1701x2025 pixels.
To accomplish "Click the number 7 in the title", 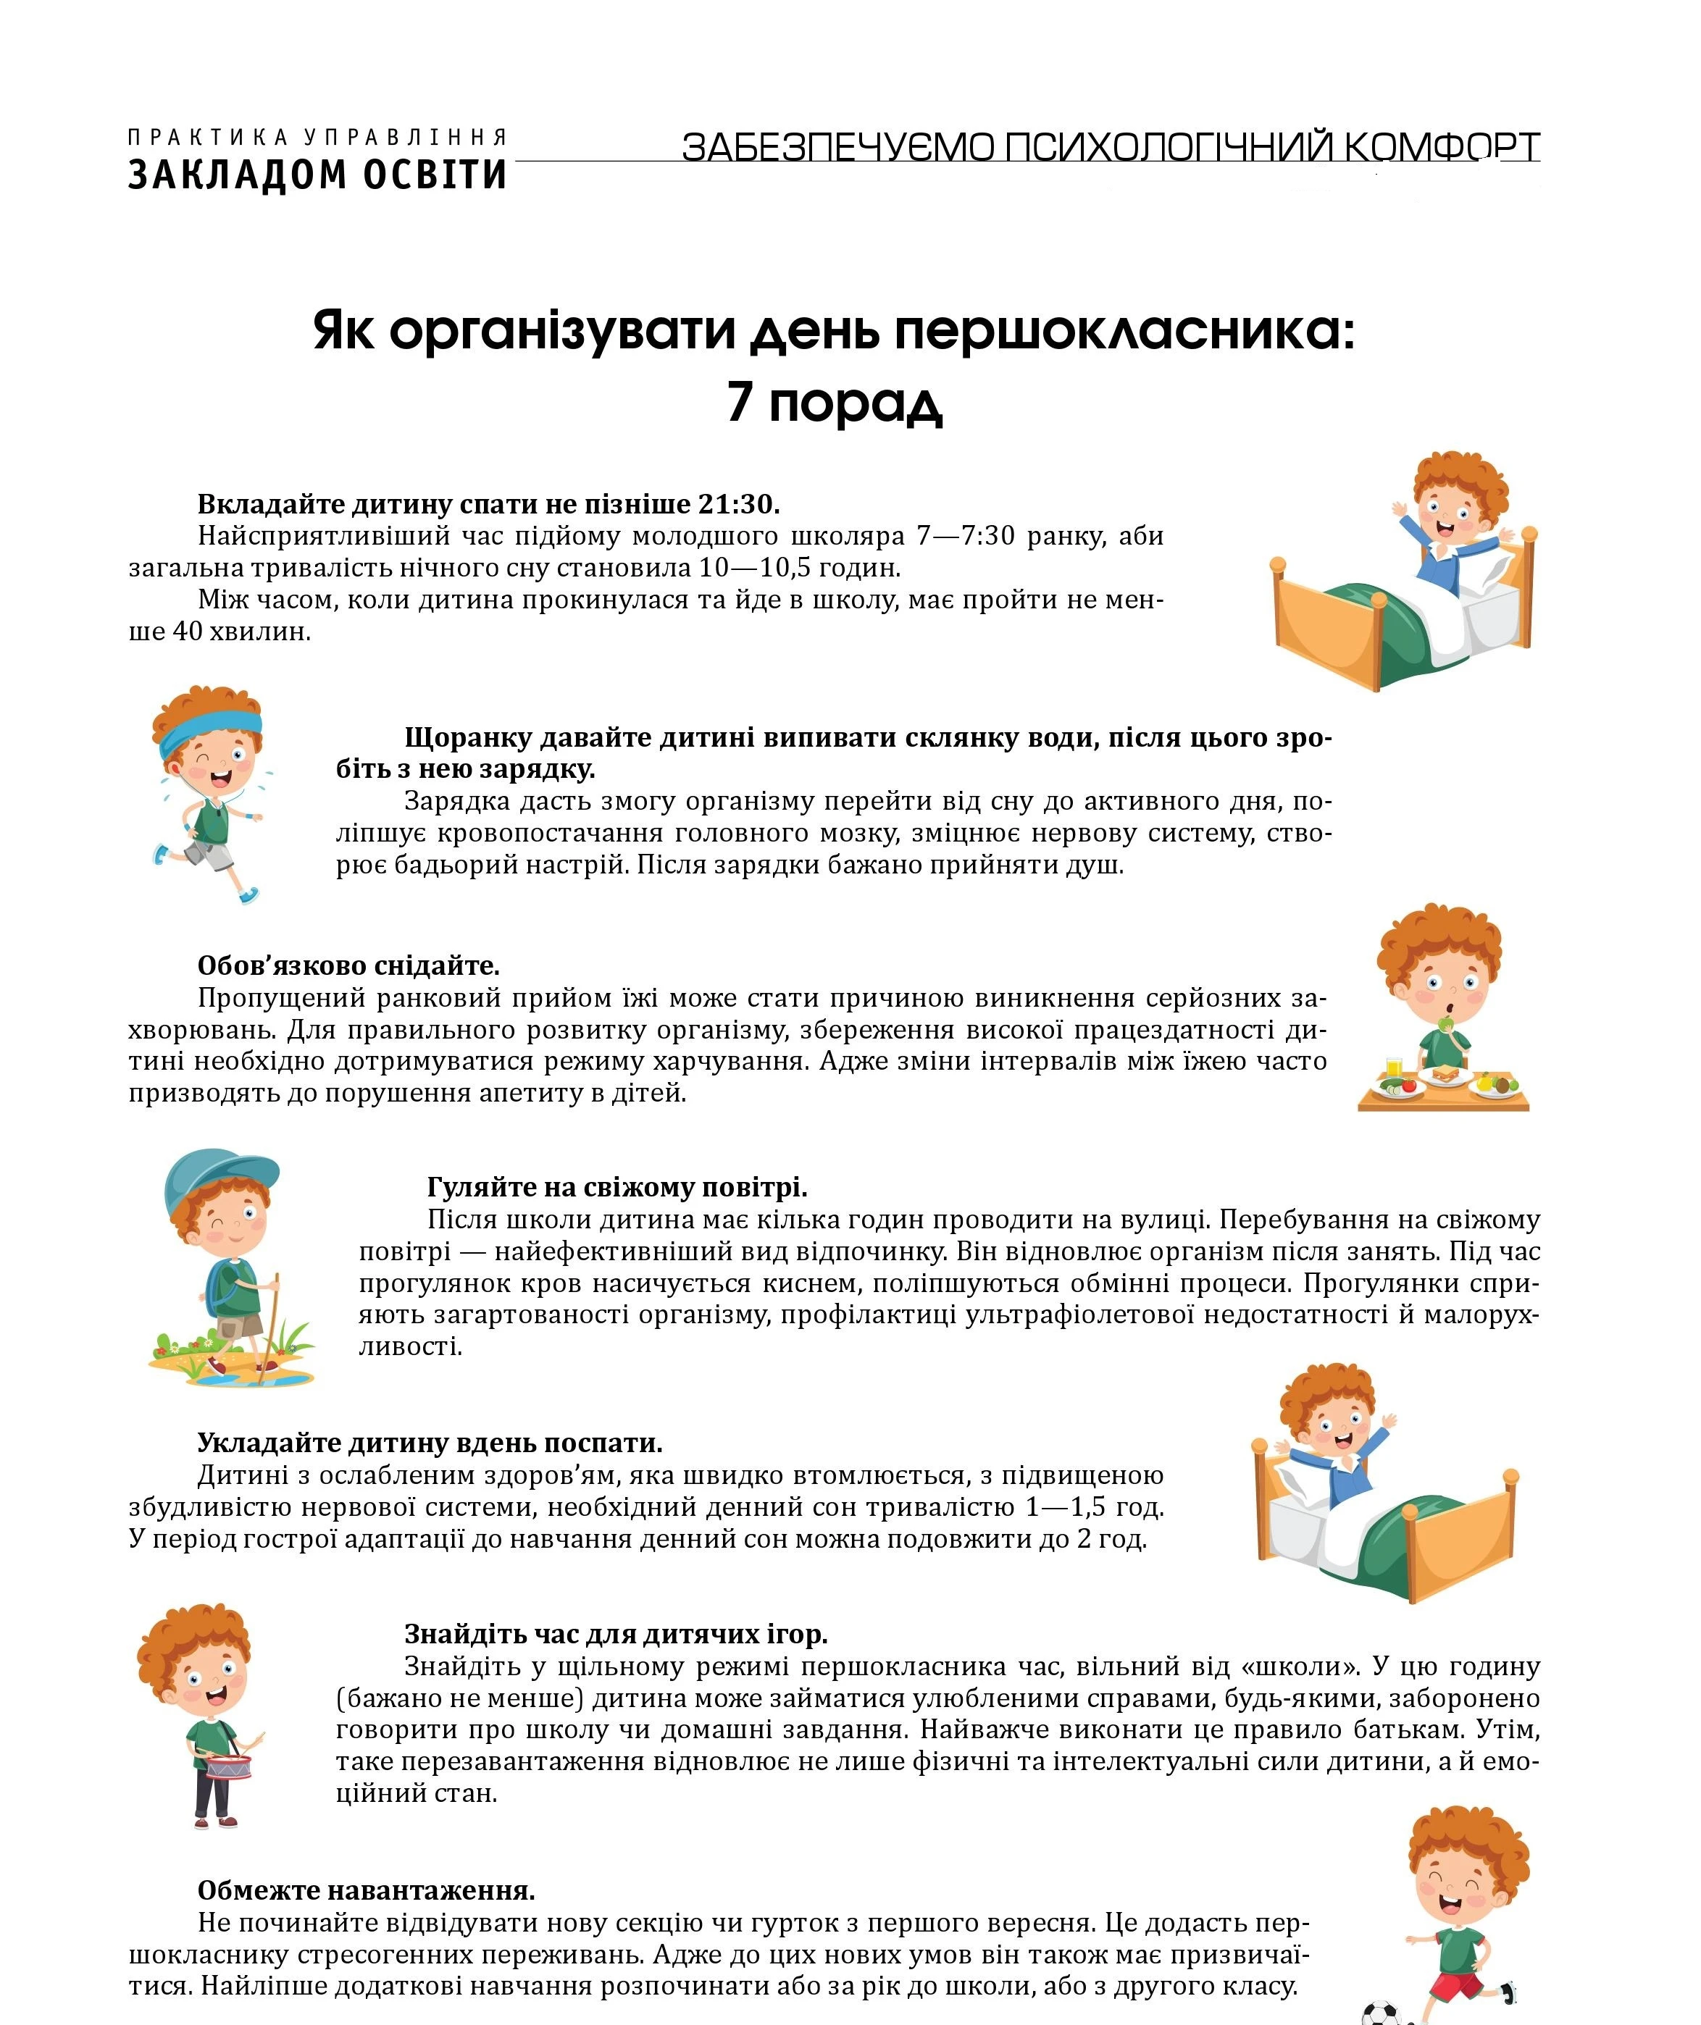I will click(740, 401).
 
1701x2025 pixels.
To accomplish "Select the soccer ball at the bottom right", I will click(1386, 2013).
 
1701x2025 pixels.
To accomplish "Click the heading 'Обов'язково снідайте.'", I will click(348, 965).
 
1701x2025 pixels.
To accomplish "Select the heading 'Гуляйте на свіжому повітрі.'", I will click(617, 1187).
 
